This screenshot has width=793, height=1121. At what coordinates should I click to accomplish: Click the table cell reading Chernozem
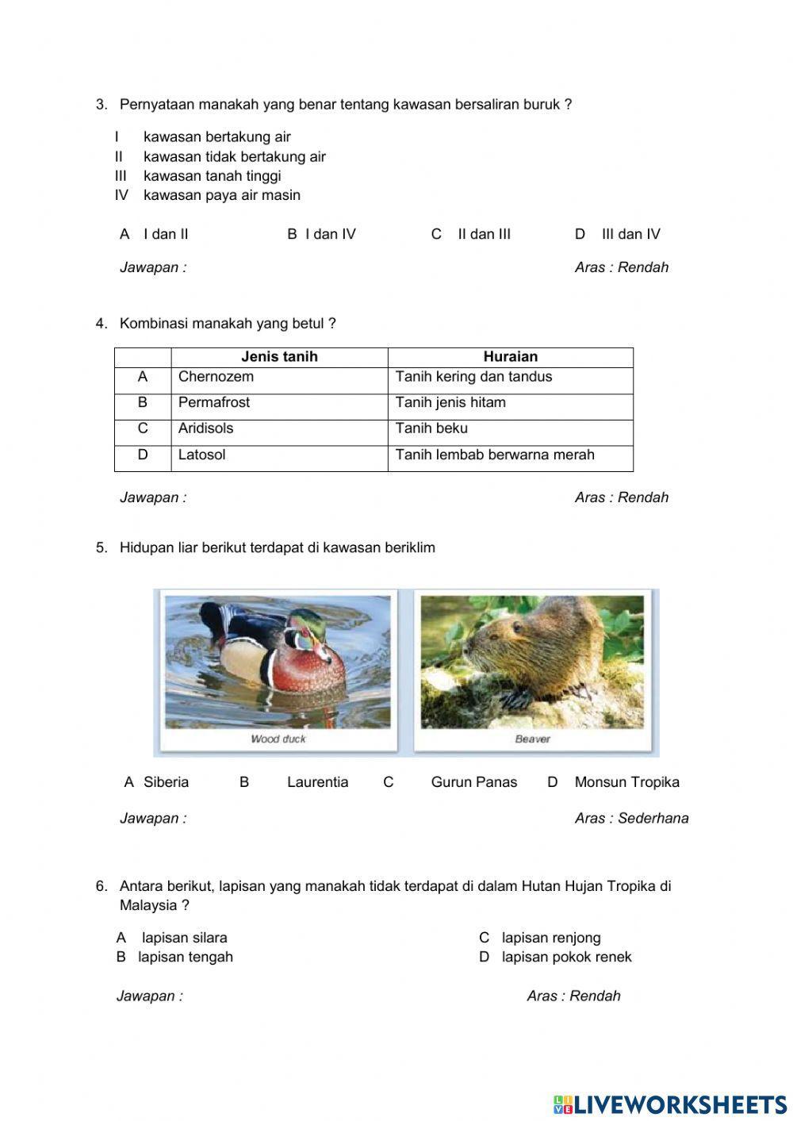click(x=216, y=377)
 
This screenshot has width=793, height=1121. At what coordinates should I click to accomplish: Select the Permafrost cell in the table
click(x=214, y=403)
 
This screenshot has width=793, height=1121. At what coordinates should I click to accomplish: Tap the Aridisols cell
click(x=206, y=428)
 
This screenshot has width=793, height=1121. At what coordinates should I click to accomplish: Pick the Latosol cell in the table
click(x=202, y=455)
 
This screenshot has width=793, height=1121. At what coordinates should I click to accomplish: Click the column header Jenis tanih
click(x=279, y=357)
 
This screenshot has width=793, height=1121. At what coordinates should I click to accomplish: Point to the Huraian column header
click(x=510, y=357)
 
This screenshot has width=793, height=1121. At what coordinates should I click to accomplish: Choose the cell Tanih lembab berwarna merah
click(x=495, y=455)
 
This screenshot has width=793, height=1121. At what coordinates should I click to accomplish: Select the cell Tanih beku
click(x=432, y=428)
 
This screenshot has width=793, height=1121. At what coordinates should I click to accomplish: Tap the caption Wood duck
click(x=278, y=739)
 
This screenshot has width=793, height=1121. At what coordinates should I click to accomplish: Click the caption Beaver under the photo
click(x=532, y=739)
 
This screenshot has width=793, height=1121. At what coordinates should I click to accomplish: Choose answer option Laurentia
click(x=317, y=782)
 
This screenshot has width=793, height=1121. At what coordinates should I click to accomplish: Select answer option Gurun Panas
click(x=473, y=782)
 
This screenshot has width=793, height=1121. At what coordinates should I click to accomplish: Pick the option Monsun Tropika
click(x=626, y=782)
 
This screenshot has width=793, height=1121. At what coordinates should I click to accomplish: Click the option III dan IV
click(x=630, y=234)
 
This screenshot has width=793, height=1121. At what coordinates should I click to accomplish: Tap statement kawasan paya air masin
click(x=222, y=195)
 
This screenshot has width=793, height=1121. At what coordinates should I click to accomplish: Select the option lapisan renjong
click(x=551, y=938)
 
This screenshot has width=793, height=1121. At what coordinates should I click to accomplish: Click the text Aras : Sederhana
click(x=631, y=819)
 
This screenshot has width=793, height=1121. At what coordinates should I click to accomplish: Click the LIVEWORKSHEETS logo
click(x=670, y=1104)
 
